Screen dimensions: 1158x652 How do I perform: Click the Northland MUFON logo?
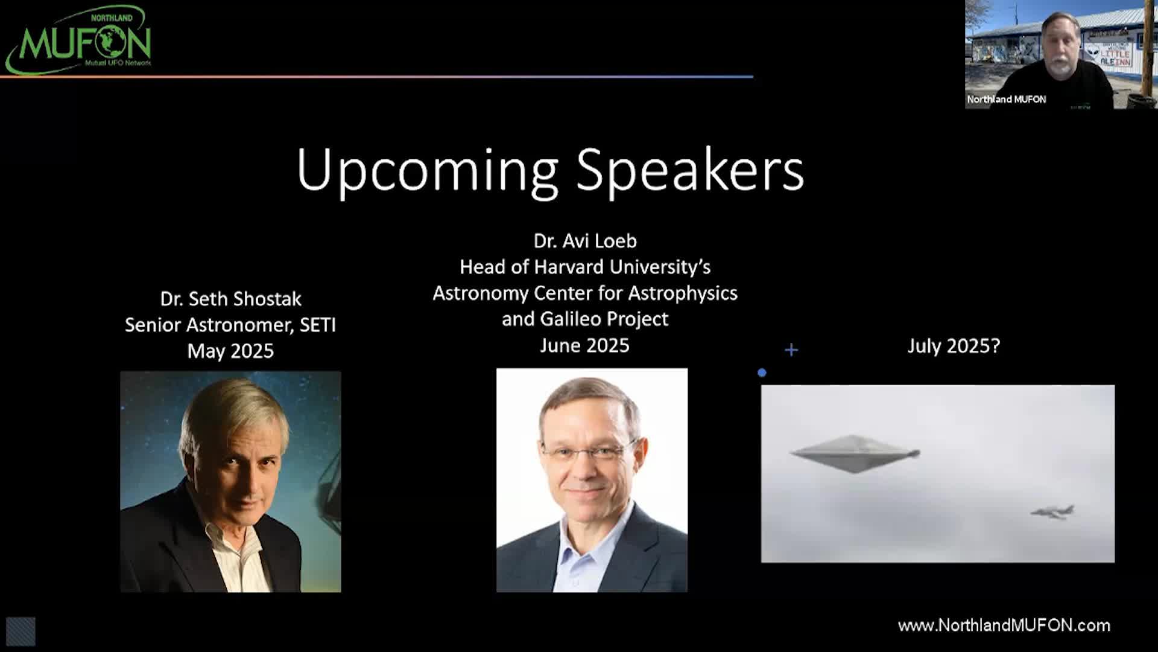(x=78, y=40)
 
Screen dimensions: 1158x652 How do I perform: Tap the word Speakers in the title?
(x=690, y=170)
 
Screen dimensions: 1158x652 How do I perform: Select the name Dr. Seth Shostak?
(x=231, y=299)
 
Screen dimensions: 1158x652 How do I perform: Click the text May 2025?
(x=230, y=351)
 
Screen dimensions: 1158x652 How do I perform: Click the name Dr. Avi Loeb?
(x=585, y=241)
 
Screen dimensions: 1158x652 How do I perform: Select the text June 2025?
(x=584, y=345)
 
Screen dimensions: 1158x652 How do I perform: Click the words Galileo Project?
(x=604, y=319)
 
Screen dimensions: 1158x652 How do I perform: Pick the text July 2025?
(x=954, y=346)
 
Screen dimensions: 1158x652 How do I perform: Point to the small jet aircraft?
(x=1052, y=511)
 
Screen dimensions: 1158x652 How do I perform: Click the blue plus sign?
(x=791, y=350)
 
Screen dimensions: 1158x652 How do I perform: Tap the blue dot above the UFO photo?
(x=762, y=373)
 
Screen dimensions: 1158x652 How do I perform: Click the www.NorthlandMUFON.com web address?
(x=1004, y=625)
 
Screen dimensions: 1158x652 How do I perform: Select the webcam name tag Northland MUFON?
(x=1007, y=99)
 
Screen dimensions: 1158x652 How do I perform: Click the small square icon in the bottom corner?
(x=21, y=631)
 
